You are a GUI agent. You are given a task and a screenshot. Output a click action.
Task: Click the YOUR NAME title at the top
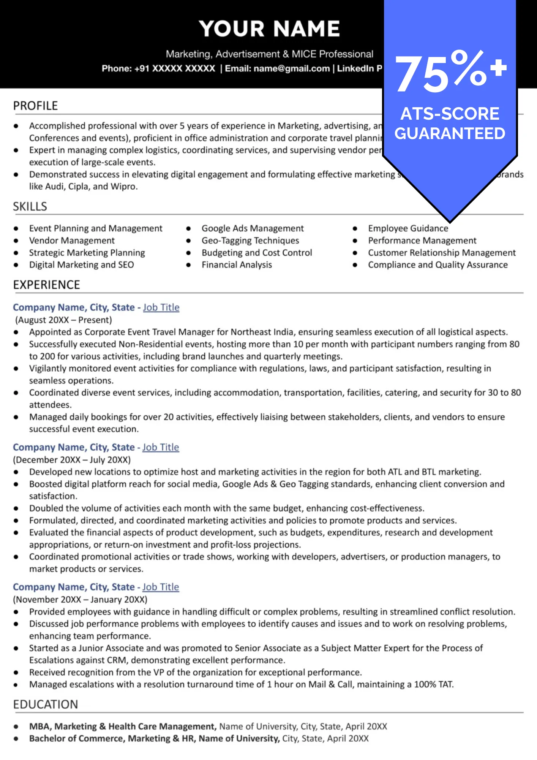tap(269, 29)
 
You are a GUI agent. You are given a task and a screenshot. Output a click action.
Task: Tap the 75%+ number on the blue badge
tap(450, 72)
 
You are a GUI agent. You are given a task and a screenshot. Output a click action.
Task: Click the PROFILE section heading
tap(35, 106)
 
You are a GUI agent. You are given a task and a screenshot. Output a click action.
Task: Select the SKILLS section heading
tap(30, 206)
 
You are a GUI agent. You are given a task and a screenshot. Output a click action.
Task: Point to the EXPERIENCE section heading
tap(46, 285)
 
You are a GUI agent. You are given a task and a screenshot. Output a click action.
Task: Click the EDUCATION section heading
tap(45, 704)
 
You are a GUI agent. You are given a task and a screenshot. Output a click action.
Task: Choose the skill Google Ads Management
tap(253, 228)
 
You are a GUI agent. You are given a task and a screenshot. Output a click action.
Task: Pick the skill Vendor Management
tap(72, 241)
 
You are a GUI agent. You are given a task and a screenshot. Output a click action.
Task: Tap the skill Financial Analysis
tap(237, 265)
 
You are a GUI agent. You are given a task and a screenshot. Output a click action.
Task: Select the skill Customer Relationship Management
tap(442, 253)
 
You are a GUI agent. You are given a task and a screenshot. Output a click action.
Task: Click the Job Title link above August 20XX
tap(161, 307)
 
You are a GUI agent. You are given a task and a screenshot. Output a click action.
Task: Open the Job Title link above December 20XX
tap(161, 447)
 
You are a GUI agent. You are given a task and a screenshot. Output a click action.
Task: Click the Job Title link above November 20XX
tap(161, 587)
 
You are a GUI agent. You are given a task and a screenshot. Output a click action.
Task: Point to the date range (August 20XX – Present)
tap(64, 320)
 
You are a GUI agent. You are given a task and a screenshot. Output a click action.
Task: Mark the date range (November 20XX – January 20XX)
tap(80, 599)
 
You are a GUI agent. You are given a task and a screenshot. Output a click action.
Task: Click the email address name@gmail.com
tap(292, 68)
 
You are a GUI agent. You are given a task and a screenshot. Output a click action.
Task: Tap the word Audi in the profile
tap(55, 187)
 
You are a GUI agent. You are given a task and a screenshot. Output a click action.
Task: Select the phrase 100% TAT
tap(434, 684)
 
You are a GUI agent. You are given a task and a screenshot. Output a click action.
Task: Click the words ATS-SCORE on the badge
tap(450, 114)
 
